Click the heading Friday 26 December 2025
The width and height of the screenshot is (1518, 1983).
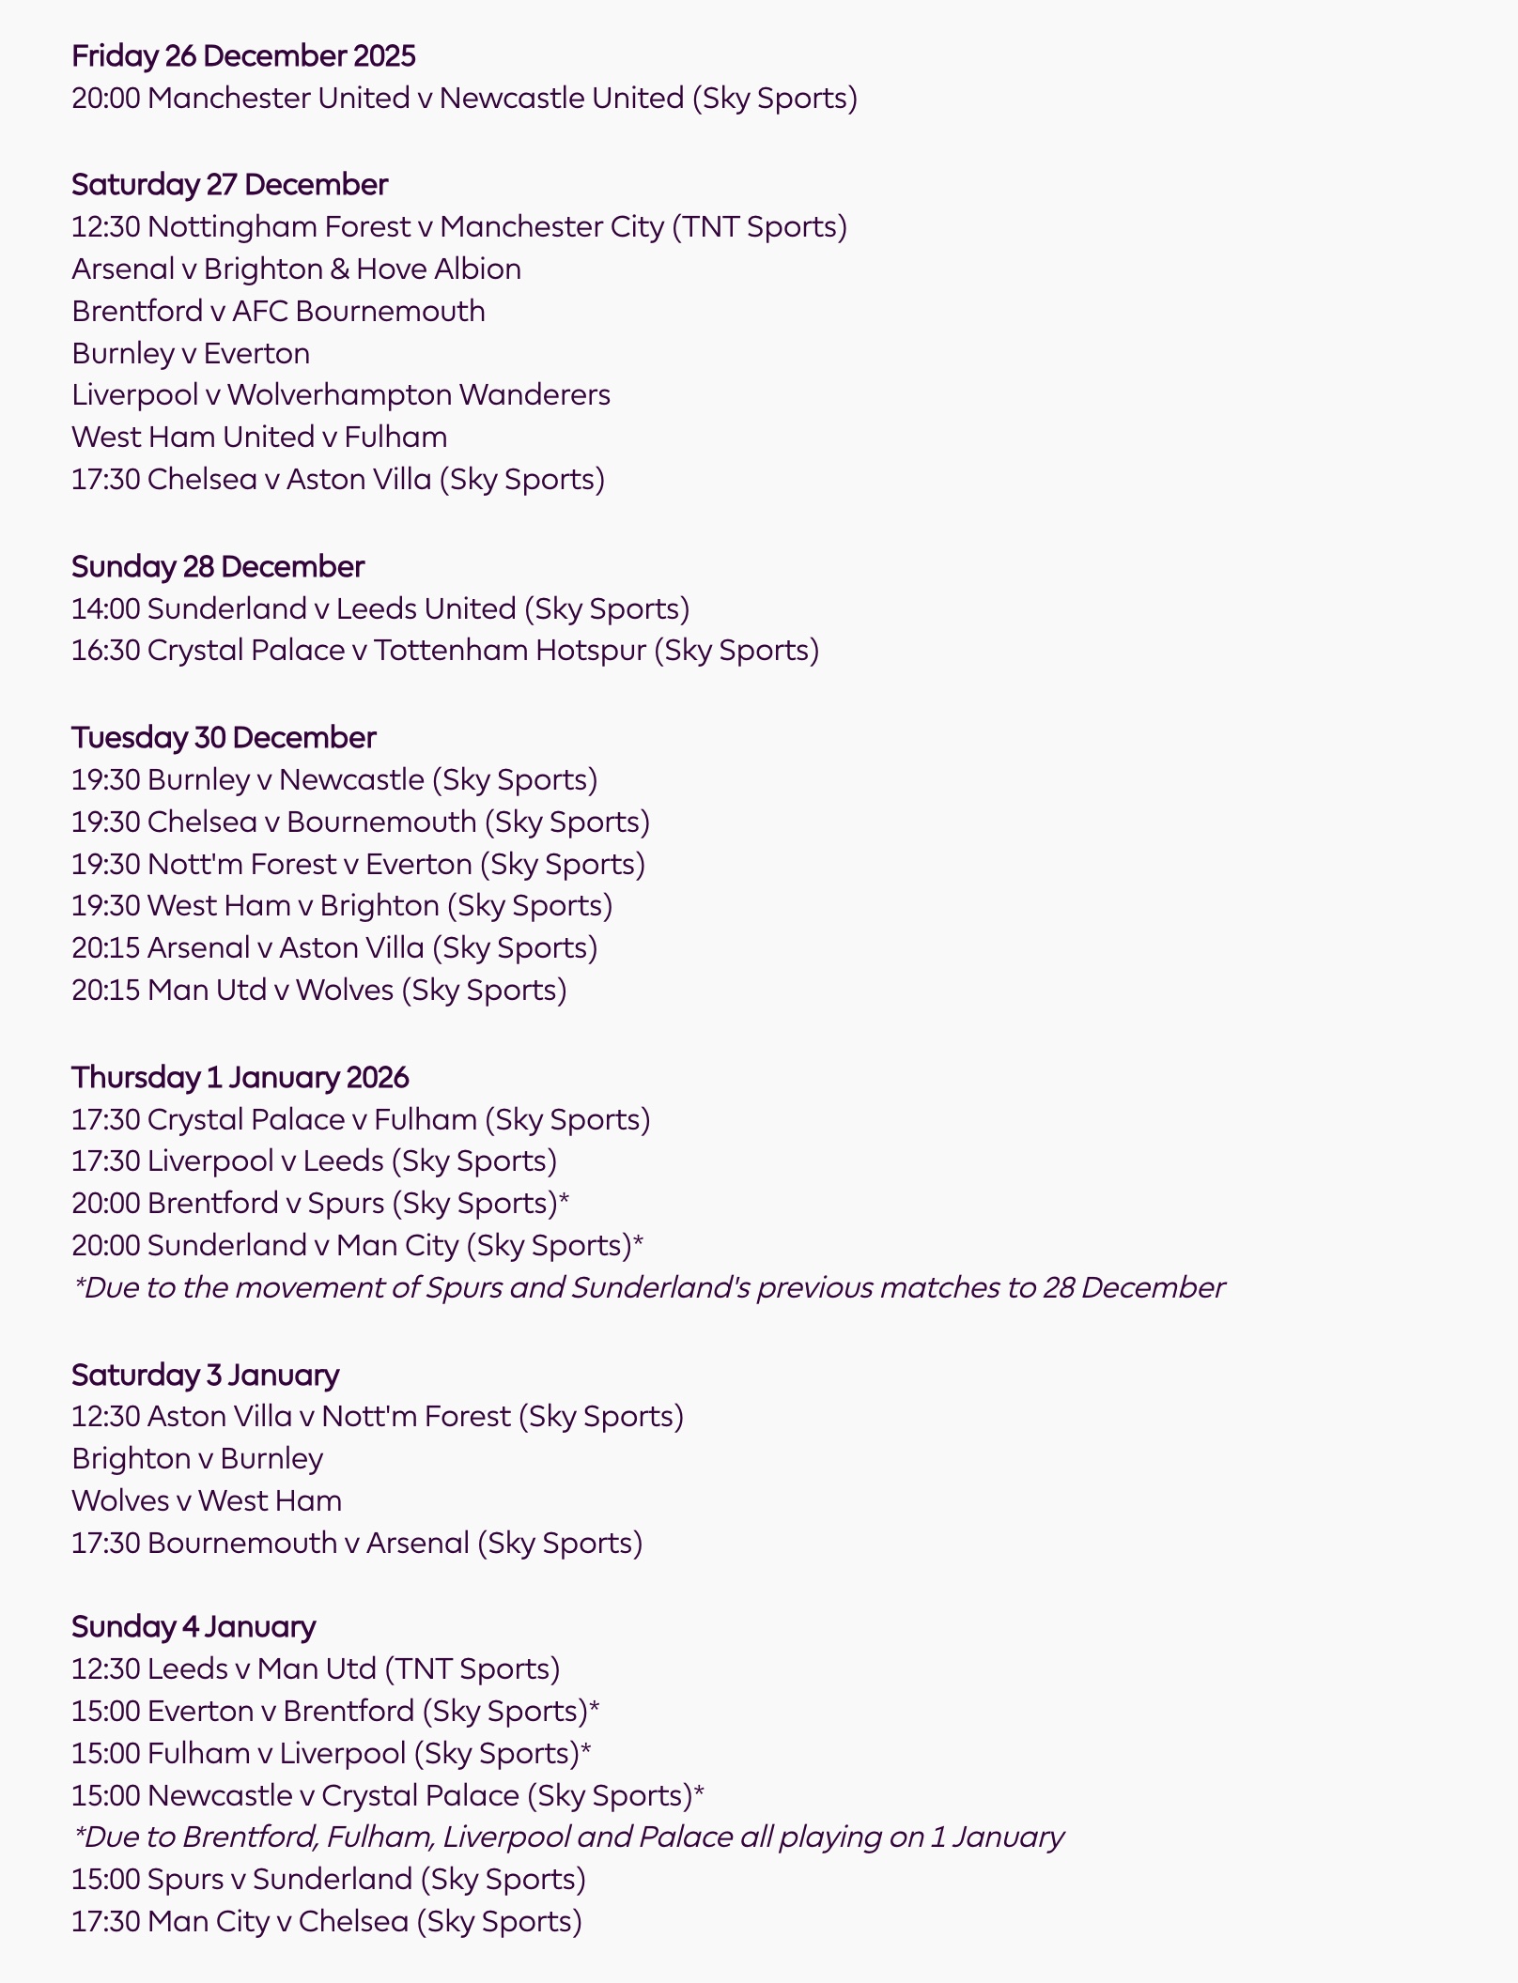243,56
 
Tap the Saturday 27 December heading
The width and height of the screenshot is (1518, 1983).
229,185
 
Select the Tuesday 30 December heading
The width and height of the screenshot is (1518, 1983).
224,738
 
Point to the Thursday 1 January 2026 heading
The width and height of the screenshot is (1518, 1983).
240,1078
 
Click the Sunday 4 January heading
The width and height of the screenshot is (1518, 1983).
194,1627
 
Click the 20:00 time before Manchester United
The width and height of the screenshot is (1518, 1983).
106,99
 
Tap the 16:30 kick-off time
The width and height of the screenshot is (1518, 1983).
106,651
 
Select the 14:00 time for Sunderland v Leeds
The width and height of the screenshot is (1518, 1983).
106,609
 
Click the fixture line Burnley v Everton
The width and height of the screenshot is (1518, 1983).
191,354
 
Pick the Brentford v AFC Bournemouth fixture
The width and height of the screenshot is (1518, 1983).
278,312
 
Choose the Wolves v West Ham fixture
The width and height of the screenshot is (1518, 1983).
207,1501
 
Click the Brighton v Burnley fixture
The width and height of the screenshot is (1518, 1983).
197,1459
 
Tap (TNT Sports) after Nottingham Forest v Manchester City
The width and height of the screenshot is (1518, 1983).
760,227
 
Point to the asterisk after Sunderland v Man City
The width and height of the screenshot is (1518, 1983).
639,1244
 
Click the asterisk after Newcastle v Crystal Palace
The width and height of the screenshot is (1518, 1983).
699,1794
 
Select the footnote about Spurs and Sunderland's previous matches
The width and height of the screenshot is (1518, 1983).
649,1287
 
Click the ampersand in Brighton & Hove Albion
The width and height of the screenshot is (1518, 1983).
339,269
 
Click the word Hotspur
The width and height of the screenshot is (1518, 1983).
591,651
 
